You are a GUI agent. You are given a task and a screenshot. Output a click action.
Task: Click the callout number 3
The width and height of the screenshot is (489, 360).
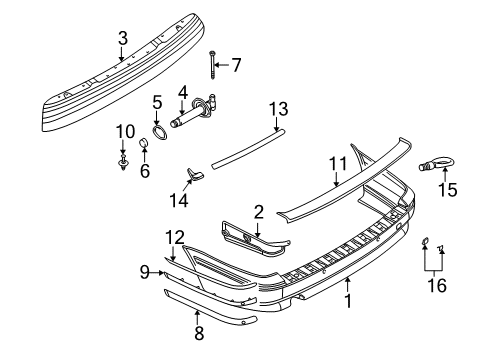coord(122,38)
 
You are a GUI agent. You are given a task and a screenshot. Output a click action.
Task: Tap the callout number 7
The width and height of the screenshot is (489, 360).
coord(236,66)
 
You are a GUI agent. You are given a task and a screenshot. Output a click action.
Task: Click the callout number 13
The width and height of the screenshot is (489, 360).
coord(277,109)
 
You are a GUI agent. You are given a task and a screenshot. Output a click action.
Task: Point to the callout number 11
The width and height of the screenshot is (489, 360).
coord(337,163)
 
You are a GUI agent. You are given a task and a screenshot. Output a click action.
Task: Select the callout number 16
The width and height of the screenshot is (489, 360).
coord(433,287)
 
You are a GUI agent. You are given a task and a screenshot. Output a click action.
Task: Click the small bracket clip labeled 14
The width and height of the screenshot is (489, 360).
coord(194,175)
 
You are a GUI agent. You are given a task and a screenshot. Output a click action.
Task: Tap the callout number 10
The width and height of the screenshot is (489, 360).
coord(124,132)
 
